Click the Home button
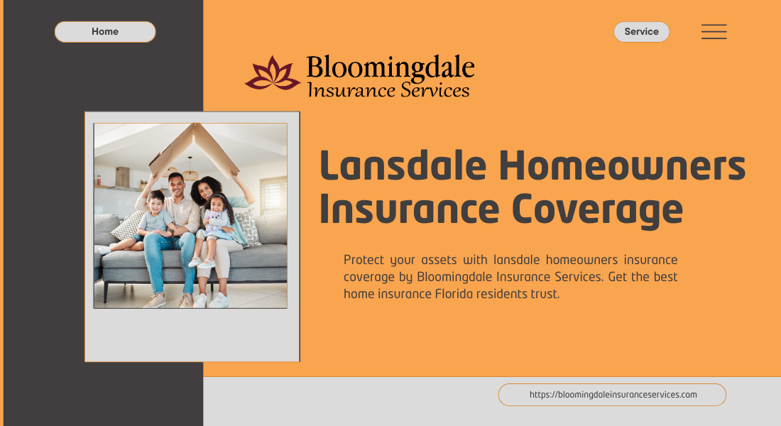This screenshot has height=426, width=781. point(105,32)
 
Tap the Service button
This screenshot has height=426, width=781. point(641,32)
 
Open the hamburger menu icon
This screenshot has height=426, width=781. point(714,32)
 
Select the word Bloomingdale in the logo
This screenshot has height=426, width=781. point(390,68)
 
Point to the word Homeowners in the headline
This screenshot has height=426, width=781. point(623,166)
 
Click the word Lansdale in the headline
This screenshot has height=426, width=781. point(403,166)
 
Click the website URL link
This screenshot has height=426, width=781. point(613,395)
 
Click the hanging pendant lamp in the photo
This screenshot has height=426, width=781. point(190,172)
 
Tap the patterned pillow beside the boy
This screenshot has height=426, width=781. point(129,226)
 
